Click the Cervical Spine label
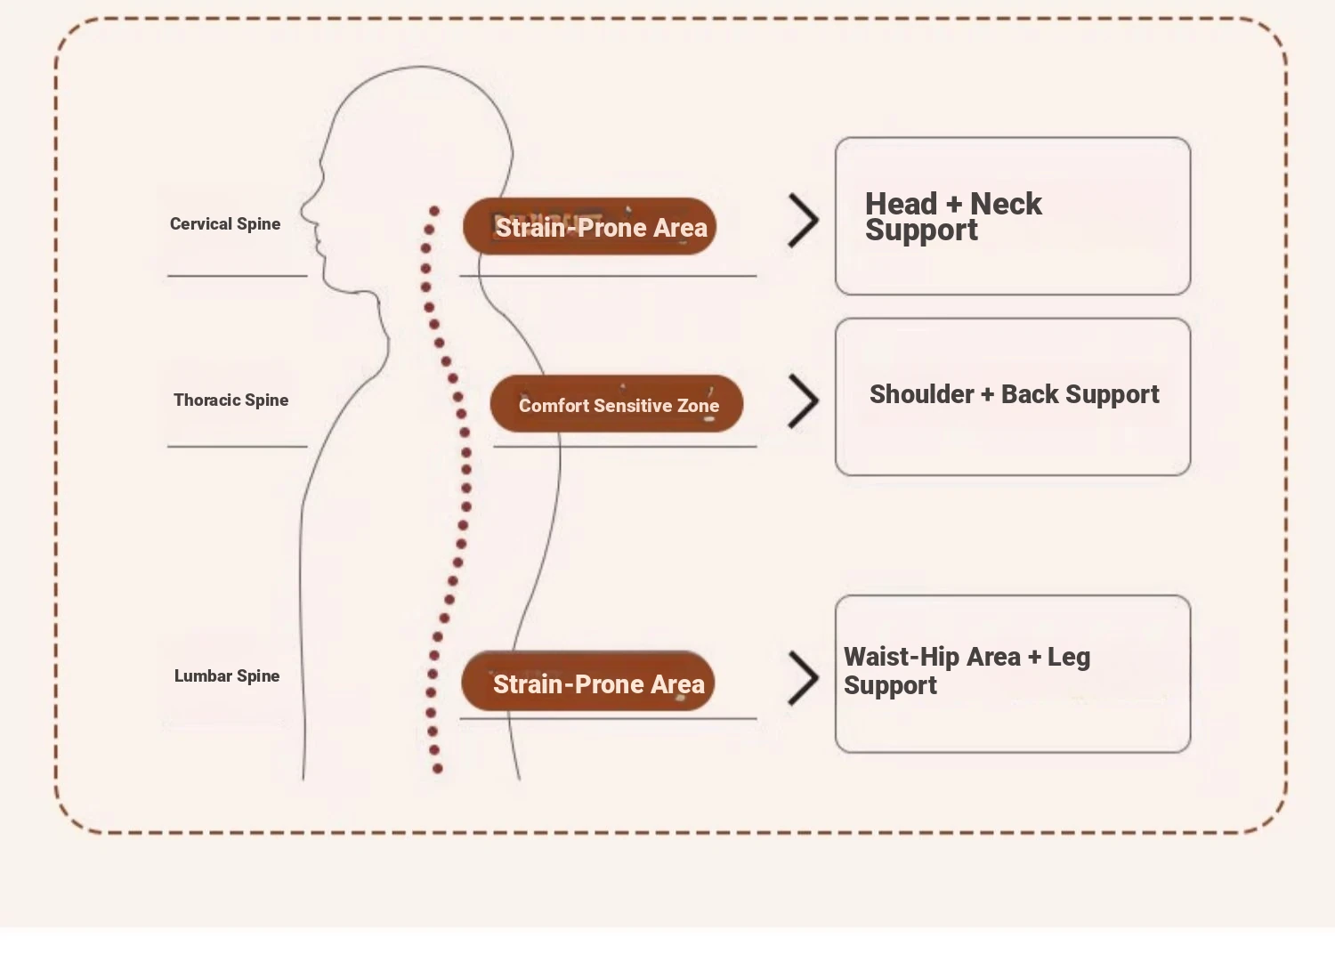[x=225, y=224]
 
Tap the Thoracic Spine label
[x=231, y=400]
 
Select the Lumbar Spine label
[x=227, y=676]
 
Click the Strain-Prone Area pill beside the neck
[x=589, y=227]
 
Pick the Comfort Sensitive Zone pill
[x=617, y=405]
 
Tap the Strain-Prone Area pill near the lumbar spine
[x=587, y=683]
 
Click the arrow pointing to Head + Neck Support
[x=803, y=222]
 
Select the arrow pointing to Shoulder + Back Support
[x=803, y=401]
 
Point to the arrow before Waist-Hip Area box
[x=803, y=678]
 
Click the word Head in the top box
[x=901, y=204]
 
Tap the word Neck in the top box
[x=1006, y=204]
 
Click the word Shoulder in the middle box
[x=921, y=394]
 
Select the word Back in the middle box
[x=1030, y=394]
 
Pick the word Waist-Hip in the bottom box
[x=901, y=657]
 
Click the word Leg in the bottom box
[x=1069, y=658]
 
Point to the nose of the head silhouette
[x=303, y=211]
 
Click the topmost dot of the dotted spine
[x=434, y=211]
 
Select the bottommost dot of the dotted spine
[x=437, y=768]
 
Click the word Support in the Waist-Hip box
[x=890, y=685]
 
